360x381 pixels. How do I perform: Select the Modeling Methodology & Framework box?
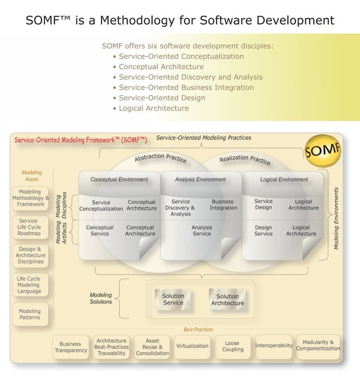pos(30,198)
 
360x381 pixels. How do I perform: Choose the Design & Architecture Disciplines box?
pos(30,255)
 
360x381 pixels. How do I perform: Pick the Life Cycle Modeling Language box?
pos(29,285)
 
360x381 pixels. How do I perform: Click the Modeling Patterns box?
pos(30,314)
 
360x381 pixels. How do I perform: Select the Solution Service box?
pos(173,299)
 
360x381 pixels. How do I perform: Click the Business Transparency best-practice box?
pos(71,347)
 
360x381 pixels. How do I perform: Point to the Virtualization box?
pos(192,346)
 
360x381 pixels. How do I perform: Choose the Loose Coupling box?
pos(232,346)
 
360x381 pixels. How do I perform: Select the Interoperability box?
pos(274,345)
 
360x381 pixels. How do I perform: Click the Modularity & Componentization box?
pos(318,345)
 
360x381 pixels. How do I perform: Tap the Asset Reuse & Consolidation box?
pos(152,347)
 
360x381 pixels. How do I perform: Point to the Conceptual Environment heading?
pos(119,180)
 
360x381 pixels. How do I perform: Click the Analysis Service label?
pos(201,231)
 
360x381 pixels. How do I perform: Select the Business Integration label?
pos(223,205)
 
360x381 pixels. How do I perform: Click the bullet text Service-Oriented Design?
pos(162,98)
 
